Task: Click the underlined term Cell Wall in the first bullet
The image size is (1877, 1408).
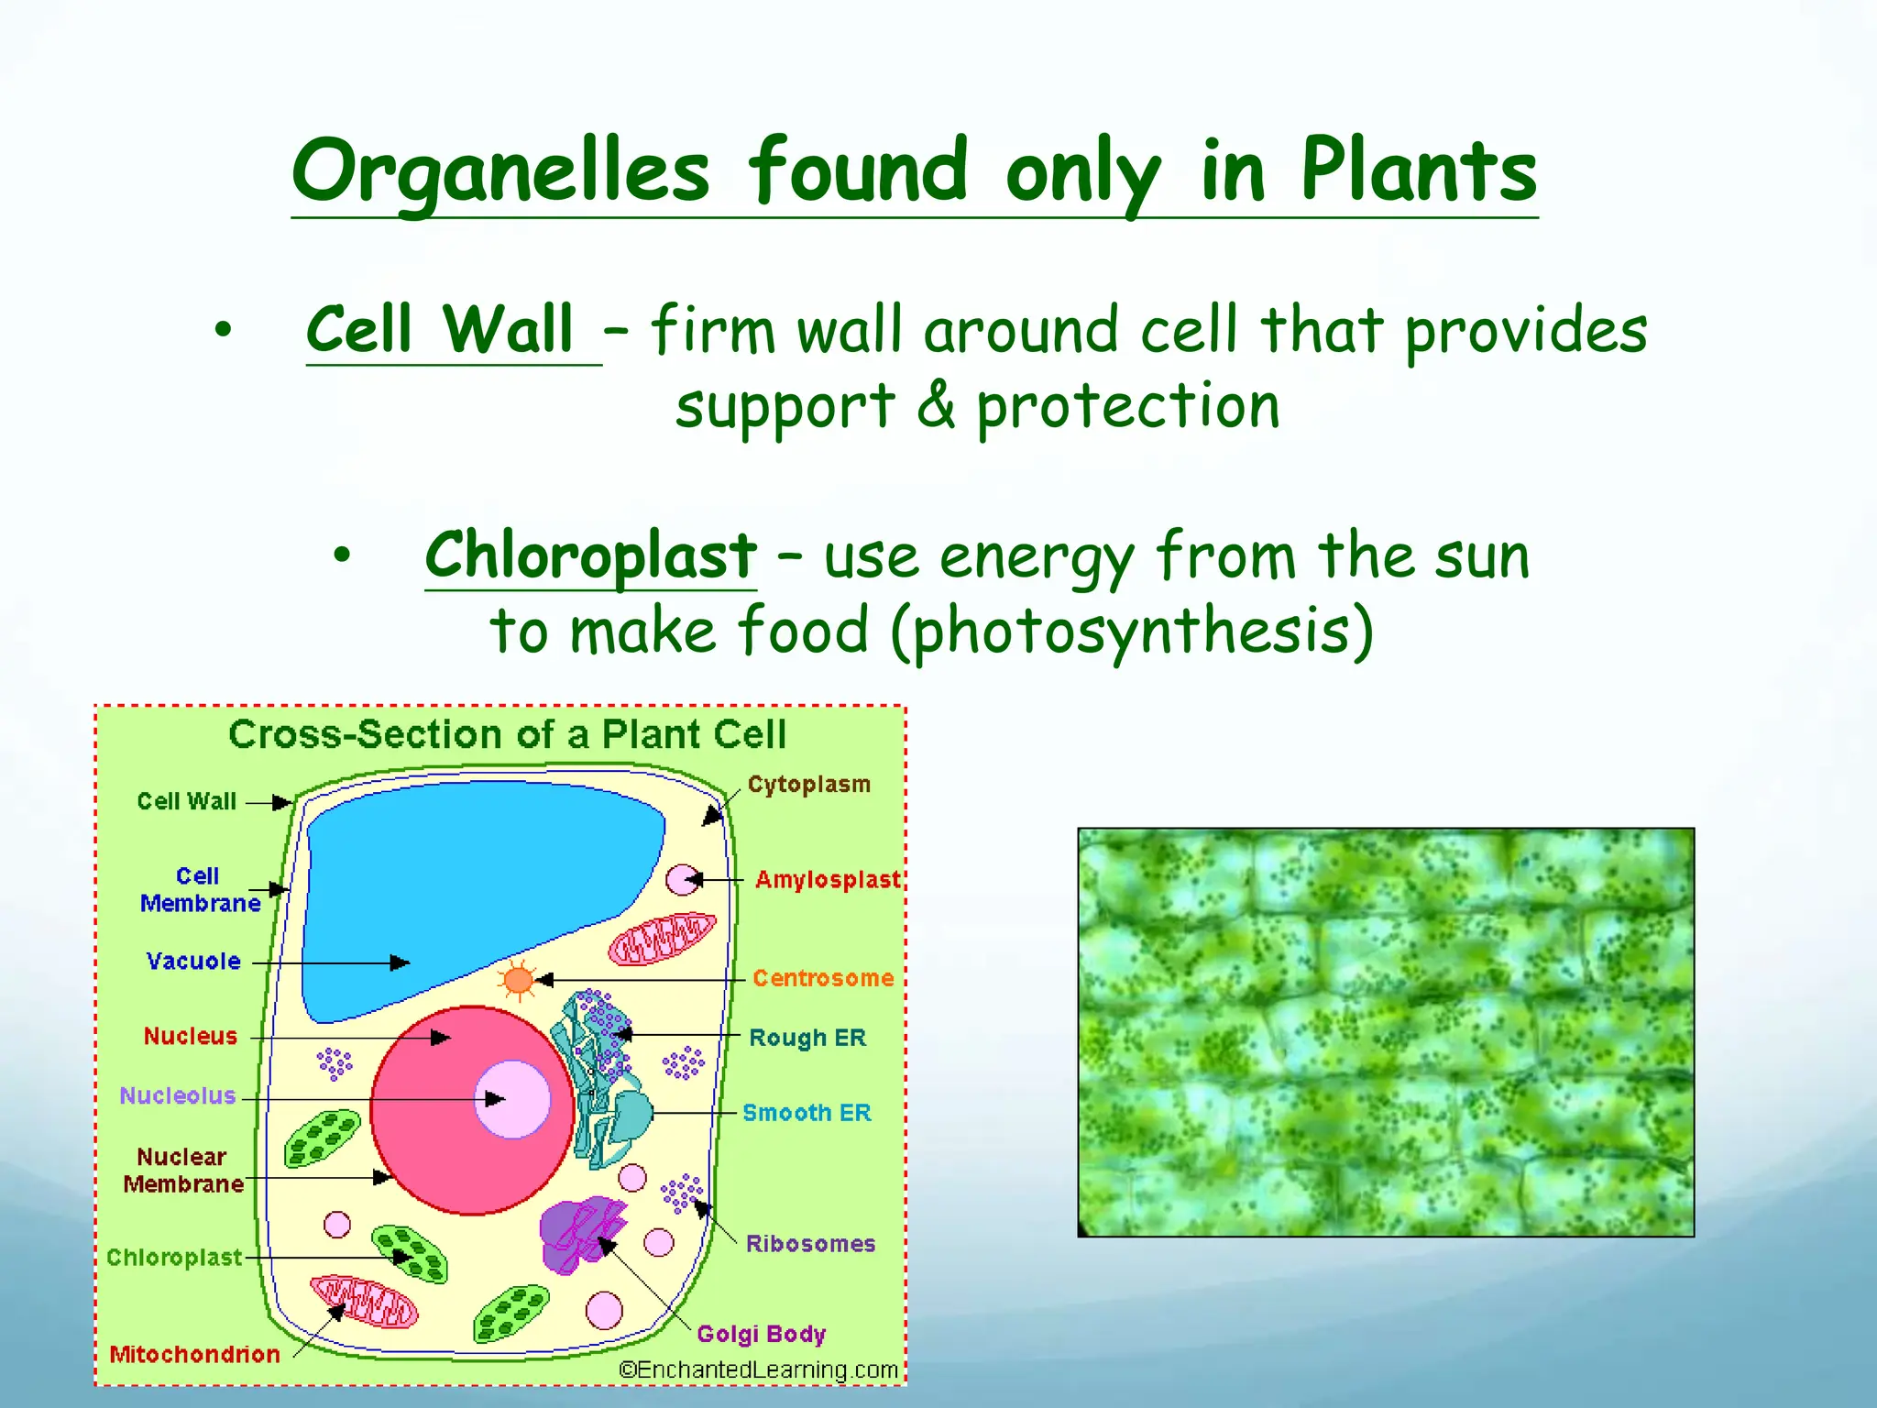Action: pyautogui.click(x=440, y=330)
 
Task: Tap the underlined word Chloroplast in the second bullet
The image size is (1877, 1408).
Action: pyautogui.click(x=590, y=555)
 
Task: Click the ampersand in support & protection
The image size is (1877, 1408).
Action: pyautogui.click(x=935, y=405)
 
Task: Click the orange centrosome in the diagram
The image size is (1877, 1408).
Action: pyautogui.click(x=518, y=980)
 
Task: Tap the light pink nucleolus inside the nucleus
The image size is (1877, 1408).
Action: pyautogui.click(x=512, y=1099)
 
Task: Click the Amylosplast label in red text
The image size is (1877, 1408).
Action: pyautogui.click(x=827, y=880)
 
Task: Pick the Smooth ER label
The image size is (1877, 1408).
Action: pyautogui.click(x=807, y=1113)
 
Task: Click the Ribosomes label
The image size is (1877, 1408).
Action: pyautogui.click(x=810, y=1244)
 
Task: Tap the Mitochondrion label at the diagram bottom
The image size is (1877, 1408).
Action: pyautogui.click(x=194, y=1354)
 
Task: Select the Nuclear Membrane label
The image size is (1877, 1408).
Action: pyautogui.click(x=183, y=1171)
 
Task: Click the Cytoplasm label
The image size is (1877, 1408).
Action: pyautogui.click(x=808, y=785)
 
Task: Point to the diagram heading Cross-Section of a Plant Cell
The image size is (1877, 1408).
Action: pyautogui.click(x=507, y=735)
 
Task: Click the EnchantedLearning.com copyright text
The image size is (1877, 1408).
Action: pyautogui.click(x=758, y=1369)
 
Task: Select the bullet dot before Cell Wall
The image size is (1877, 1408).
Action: pyautogui.click(x=223, y=330)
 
